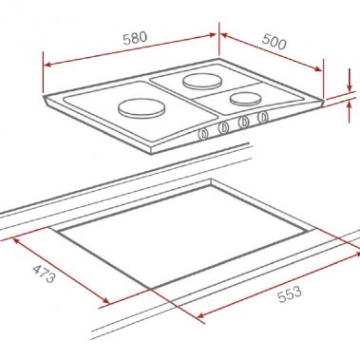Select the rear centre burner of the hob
click(201, 82)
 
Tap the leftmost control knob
click(202, 133)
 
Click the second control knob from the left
click(223, 127)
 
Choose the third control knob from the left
click(244, 122)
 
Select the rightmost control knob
click(263, 117)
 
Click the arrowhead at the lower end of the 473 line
click(106, 303)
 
